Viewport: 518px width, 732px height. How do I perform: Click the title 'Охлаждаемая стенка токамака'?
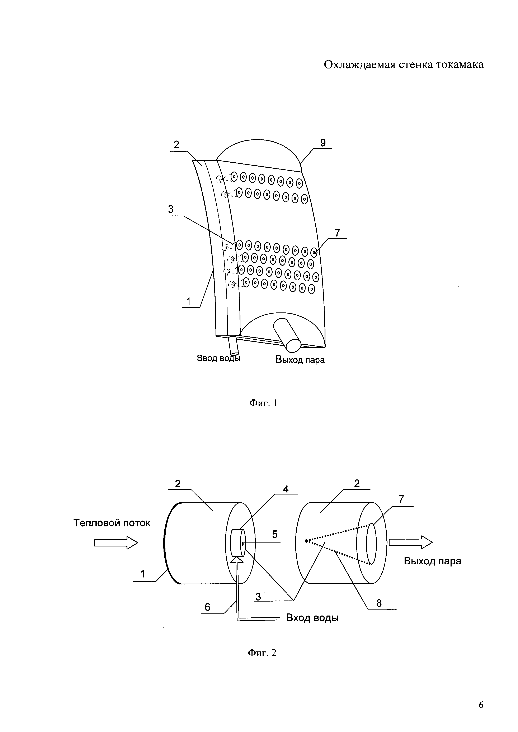[404, 65]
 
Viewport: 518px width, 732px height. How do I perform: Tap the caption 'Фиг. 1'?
[263, 403]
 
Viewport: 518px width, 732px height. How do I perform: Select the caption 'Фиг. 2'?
[262, 653]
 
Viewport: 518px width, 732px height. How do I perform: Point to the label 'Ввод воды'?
[218, 358]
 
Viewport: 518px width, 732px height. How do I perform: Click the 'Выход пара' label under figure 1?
[300, 360]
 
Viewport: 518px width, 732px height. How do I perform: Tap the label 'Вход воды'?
[312, 618]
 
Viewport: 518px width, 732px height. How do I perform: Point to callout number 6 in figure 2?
[207, 607]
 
